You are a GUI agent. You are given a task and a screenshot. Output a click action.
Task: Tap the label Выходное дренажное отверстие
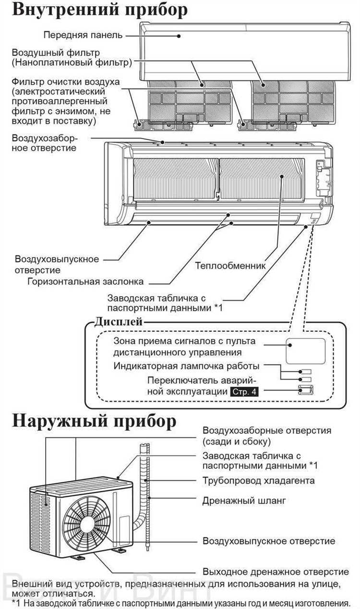pos(276,572)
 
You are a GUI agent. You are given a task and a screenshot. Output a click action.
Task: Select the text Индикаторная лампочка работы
pos(187,366)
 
